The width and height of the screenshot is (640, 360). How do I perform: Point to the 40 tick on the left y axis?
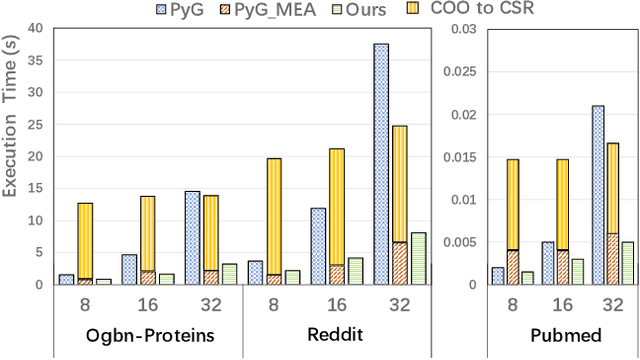tap(34, 28)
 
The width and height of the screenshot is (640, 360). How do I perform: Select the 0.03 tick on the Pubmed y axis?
tap(464, 28)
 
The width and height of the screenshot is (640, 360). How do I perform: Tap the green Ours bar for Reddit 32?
tap(418, 259)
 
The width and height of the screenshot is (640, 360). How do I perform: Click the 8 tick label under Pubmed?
tap(511, 301)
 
